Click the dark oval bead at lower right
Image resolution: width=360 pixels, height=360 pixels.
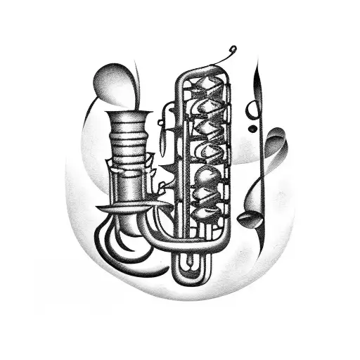(x=245, y=220)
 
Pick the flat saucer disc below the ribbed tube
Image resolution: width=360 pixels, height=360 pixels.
(x=127, y=207)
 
